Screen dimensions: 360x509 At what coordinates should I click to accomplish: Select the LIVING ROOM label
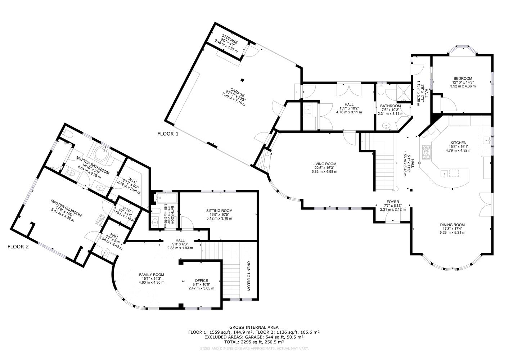(x=324, y=164)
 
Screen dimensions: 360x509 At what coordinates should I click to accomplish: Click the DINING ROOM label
(x=452, y=225)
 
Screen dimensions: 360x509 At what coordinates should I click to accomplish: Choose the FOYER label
(x=392, y=202)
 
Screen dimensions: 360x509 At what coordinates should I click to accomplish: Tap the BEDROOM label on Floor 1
(x=463, y=78)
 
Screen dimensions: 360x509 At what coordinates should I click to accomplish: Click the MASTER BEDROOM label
(x=67, y=208)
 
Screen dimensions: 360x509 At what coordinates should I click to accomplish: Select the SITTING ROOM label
(x=219, y=211)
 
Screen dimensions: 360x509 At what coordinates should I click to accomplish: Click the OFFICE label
(x=201, y=280)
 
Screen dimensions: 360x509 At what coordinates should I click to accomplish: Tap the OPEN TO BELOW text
(x=248, y=276)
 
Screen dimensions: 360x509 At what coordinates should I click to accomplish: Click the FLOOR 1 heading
(x=168, y=134)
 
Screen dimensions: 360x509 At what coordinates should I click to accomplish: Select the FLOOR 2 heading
(x=18, y=247)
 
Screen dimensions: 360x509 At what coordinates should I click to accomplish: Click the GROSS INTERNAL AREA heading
(x=254, y=327)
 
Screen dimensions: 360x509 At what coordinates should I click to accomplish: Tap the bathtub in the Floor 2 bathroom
(x=167, y=198)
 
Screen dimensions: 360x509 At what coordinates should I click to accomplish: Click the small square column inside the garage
(x=242, y=80)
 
